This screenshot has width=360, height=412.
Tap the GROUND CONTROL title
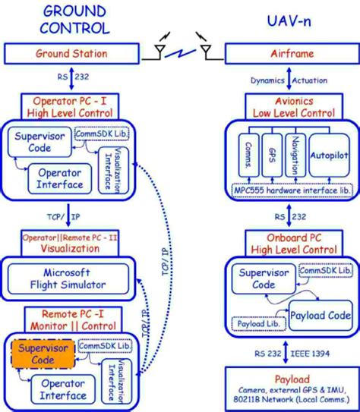tap(74, 20)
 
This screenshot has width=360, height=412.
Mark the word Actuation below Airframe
tap(314, 81)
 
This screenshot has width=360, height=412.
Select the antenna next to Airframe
tap(205, 50)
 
